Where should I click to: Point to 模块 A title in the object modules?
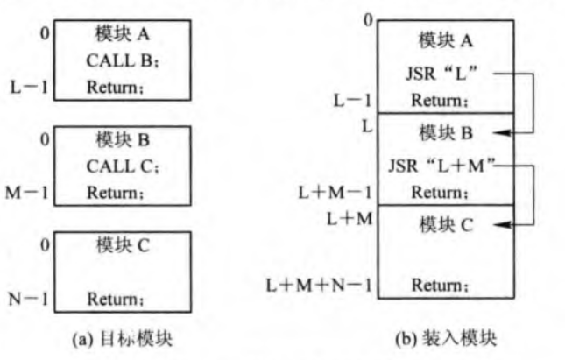coord(124,35)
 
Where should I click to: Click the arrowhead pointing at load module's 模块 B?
coord(501,133)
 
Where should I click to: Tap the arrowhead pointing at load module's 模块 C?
coord(501,225)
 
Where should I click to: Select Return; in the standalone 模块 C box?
coord(116,298)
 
